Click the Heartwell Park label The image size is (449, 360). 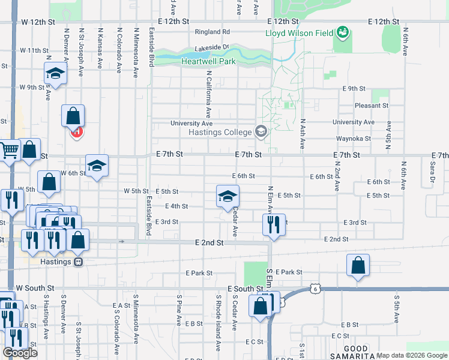[x=209, y=61]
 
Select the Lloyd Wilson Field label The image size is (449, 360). [x=300, y=33]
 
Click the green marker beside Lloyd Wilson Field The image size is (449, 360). [x=343, y=31]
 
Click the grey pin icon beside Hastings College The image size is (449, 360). [x=261, y=131]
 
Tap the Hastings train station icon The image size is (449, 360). [x=77, y=262]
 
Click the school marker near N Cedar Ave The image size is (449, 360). [x=228, y=197]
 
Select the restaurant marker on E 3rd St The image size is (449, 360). [x=273, y=225]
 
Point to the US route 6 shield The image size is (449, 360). [x=315, y=289]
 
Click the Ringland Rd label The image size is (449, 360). [x=212, y=32]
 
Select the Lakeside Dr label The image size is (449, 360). [x=212, y=47]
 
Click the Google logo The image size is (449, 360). [x=20, y=353]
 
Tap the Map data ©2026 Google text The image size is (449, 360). [x=412, y=355]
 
